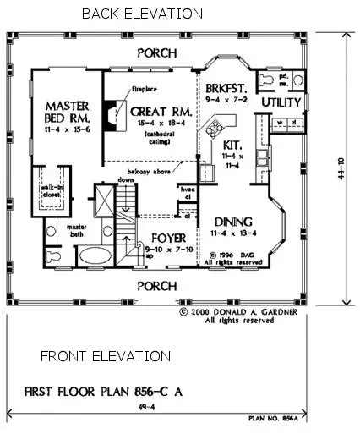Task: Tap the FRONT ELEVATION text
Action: [x=93, y=358]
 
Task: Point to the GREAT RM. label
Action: [x=152, y=110]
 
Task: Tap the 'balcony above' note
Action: [x=134, y=169]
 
